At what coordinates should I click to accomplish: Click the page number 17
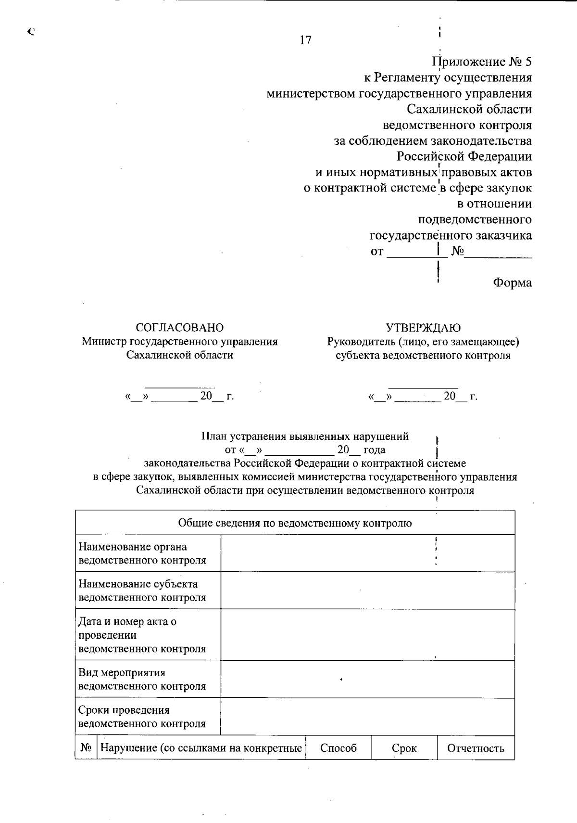(305, 40)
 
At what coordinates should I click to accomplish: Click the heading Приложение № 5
(482, 62)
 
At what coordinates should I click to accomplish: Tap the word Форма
(512, 283)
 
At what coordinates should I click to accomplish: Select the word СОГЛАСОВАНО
(180, 328)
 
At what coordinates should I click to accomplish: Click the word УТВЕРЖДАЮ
(423, 328)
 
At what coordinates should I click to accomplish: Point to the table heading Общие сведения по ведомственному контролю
(295, 523)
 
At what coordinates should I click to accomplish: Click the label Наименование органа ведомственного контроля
(142, 553)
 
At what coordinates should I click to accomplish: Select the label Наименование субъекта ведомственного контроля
(142, 591)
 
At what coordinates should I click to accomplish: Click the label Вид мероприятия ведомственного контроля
(142, 679)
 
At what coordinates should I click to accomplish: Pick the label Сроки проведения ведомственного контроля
(142, 717)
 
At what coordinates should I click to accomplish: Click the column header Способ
(339, 748)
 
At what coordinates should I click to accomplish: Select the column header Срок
(404, 748)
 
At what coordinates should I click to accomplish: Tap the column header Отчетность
(476, 748)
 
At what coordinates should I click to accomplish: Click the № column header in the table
(86, 748)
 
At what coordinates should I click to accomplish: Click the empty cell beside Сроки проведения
(367, 717)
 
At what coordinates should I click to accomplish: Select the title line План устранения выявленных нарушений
(305, 437)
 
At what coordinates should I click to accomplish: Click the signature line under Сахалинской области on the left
(180, 386)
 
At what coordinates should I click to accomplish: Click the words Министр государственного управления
(180, 342)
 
